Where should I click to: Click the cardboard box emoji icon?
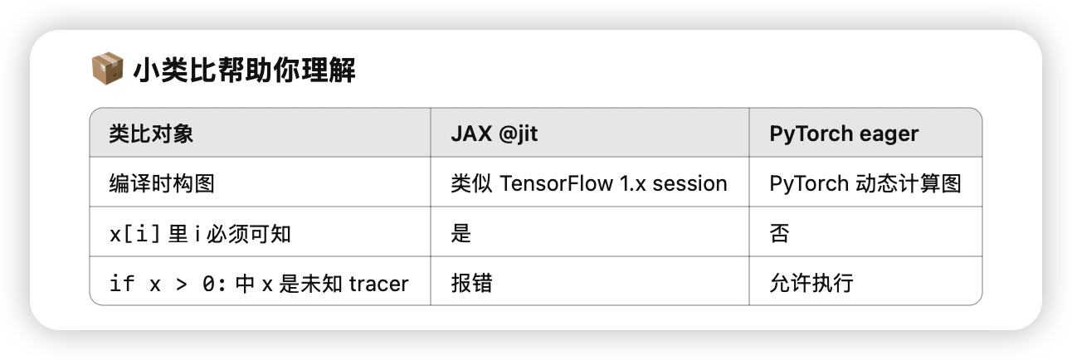point(107,69)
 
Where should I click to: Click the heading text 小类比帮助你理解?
point(244,71)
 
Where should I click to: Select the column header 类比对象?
point(151,134)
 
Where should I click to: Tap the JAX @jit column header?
point(495,134)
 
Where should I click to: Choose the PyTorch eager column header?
point(844,134)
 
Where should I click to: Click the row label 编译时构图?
point(162,183)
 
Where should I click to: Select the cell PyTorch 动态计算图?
point(865,183)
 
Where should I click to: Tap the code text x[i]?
point(134,234)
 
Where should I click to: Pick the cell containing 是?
point(460,234)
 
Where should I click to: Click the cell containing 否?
point(780,234)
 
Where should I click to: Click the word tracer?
point(378,284)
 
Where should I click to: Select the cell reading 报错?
point(471,284)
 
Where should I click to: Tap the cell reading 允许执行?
point(811,284)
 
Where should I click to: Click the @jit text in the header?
point(518,134)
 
